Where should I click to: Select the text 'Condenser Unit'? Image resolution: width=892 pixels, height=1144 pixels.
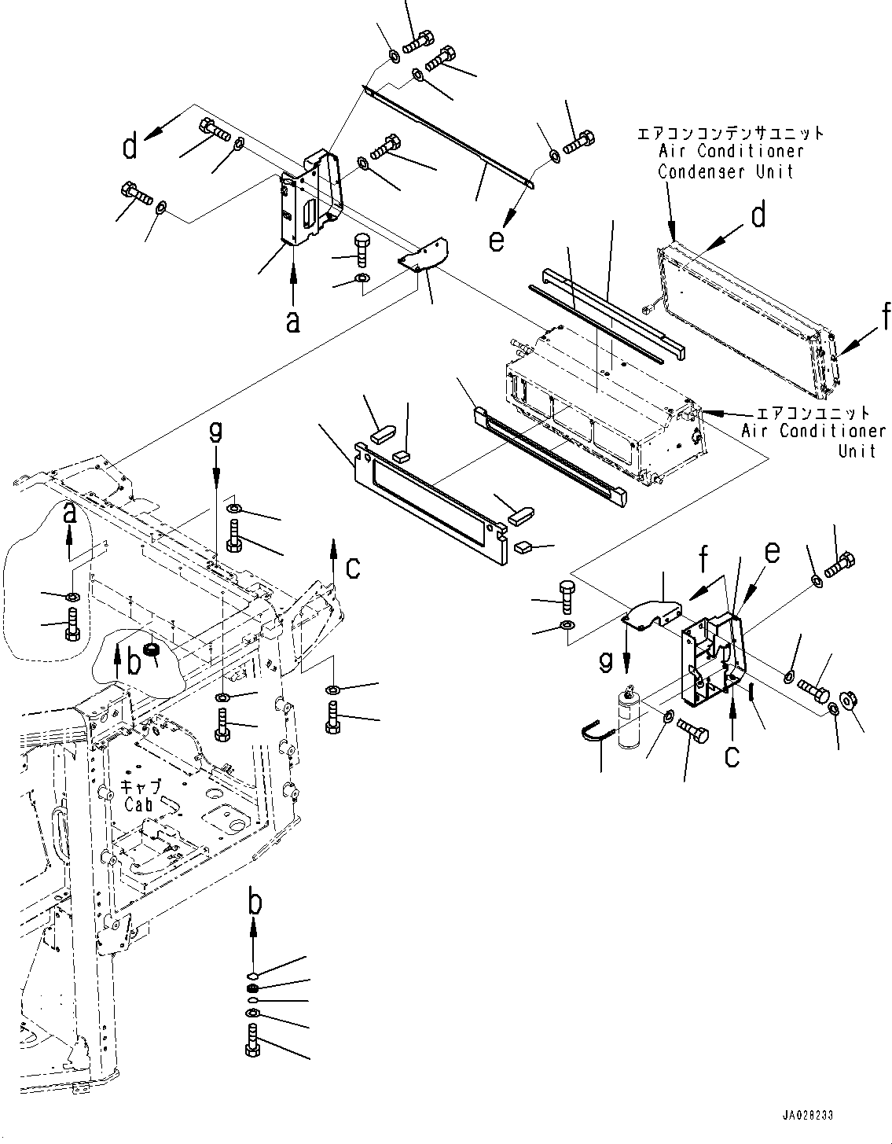click(725, 171)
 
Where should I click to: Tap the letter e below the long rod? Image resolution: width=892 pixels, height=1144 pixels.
click(496, 240)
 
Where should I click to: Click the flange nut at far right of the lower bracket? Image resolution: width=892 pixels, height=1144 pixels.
click(850, 698)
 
